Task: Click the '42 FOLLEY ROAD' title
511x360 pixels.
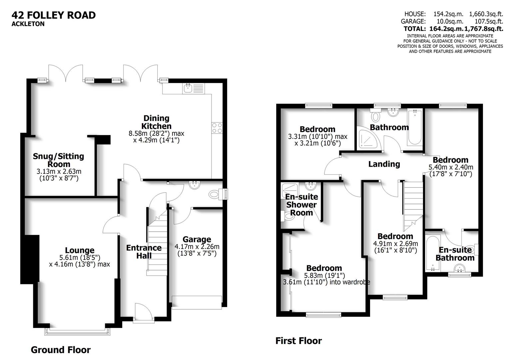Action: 54,15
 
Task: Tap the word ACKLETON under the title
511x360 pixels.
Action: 28,24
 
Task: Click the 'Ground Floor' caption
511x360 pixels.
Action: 60,350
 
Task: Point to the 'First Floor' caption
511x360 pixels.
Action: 298,341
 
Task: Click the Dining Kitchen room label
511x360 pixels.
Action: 156,122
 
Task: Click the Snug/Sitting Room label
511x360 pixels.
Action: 58,160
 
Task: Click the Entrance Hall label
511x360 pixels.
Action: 144,252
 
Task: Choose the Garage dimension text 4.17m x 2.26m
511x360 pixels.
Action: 197,247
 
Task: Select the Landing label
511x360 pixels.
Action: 384,164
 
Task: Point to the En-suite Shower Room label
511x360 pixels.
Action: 301,205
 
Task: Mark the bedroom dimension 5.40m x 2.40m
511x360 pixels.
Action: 450,170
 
